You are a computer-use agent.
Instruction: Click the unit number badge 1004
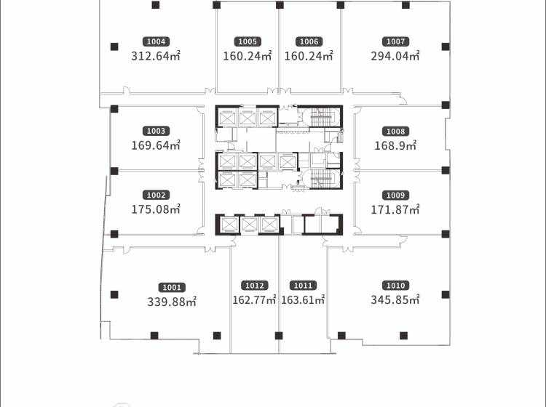pyautogui.click(x=156, y=41)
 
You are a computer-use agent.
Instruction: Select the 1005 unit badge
pyautogui.click(x=248, y=41)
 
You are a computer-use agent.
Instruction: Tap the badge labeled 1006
pyautogui.click(x=309, y=41)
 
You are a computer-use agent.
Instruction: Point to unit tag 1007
pyautogui.click(x=395, y=41)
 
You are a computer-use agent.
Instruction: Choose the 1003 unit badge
pyautogui.click(x=156, y=131)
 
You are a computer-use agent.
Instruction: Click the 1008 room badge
pyautogui.click(x=395, y=132)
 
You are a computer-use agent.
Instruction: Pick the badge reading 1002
pyautogui.click(x=156, y=195)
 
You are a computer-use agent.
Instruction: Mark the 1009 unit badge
pyautogui.click(x=395, y=196)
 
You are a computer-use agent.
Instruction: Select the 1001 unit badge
pyautogui.click(x=172, y=287)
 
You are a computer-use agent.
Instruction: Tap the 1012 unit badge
pyautogui.click(x=255, y=286)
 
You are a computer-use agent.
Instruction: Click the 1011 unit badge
pyautogui.click(x=303, y=286)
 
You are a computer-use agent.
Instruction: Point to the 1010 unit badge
pyautogui.click(x=395, y=286)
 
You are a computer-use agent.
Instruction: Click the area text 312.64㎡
pyautogui.click(x=156, y=56)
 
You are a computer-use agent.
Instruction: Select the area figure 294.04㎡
pyautogui.click(x=395, y=56)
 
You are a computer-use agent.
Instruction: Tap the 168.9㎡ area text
pyautogui.click(x=395, y=145)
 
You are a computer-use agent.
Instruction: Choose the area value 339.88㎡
pyautogui.click(x=172, y=302)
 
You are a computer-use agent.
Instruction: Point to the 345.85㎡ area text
pyautogui.click(x=395, y=299)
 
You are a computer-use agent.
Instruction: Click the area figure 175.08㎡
pyautogui.click(x=156, y=209)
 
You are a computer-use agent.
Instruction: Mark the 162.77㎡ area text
pyautogui.click(x=255, y=299)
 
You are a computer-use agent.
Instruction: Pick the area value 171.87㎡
pyautogui.click(x=395, y=209)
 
